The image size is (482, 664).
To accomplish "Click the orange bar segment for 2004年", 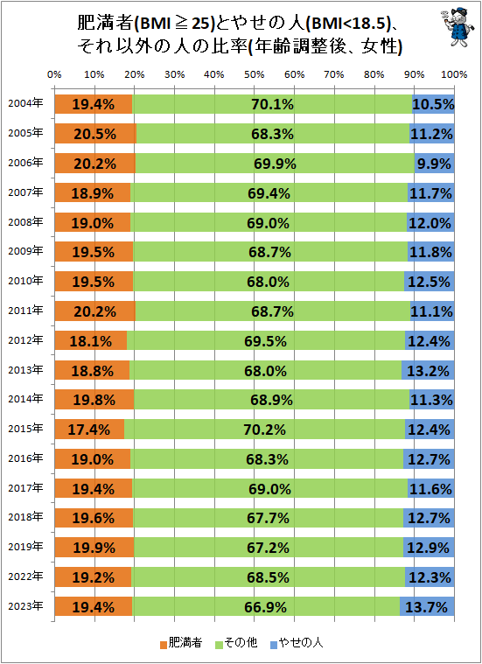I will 93,104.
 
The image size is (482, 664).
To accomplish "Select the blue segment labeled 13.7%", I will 427,606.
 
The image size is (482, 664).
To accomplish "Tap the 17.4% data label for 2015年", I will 89,430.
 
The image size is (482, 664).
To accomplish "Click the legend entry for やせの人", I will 299,643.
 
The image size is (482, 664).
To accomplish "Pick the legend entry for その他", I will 238,643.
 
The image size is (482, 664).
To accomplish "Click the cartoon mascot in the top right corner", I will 451,28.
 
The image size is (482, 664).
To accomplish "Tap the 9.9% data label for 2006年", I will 434,163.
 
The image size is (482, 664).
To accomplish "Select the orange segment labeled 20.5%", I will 94,134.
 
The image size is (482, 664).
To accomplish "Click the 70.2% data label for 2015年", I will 269,430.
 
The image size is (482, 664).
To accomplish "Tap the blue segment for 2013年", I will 428,370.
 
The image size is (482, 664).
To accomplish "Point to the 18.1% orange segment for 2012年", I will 90,339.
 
